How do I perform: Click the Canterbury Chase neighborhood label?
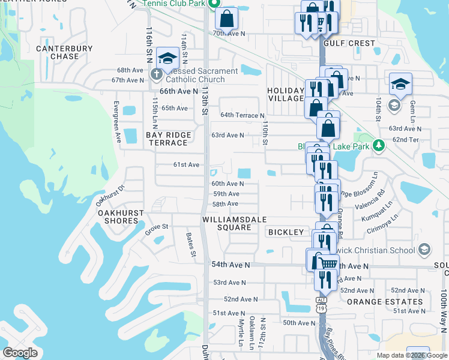click(x=57, y=52)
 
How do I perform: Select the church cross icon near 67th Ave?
click(x=156, y=76)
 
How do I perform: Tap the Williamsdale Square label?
click(x=226, y=223)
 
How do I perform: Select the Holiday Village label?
click(x=286, y=94)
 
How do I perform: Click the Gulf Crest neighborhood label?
click(x=349, y=43)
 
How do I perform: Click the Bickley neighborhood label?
click(x=286, y=232)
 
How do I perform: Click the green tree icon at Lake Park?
click(x=378, y=145)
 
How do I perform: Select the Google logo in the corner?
click(x=20, y=353)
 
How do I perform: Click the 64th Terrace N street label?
click(x=243, y=115)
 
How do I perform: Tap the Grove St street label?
click(x=157, y=227)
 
